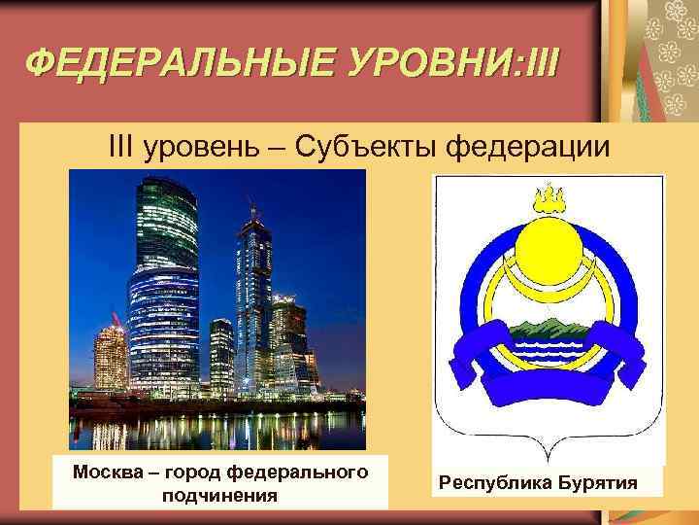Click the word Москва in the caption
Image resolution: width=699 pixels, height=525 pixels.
coord(107,473)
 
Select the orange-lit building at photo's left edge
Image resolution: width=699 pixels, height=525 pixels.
coord(109,355)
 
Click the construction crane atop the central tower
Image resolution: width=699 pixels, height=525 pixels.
coord(252,209)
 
